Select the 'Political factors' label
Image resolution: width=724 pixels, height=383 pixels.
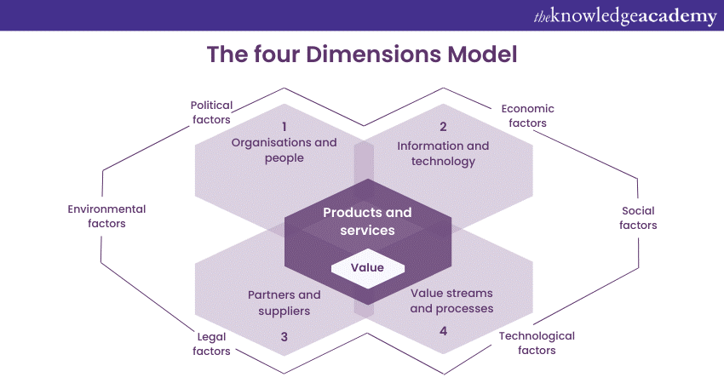(x=210, y=112)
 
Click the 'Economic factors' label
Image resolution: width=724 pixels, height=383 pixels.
(x=527, y=116)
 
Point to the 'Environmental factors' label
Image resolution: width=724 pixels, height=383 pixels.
(x=106, y=216)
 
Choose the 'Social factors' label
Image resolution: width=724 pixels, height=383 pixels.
(x=639, y=218)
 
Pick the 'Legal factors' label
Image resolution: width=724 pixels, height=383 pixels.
(x=210, y=343)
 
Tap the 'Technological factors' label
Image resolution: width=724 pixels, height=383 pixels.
(x=537, y=343)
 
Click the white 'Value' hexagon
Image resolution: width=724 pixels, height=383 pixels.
(x=366, y=267)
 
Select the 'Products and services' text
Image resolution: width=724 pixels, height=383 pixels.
(x=367, y=221)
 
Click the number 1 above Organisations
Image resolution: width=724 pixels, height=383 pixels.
(x=284, y=127)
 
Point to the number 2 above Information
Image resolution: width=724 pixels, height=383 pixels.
(x=443, y=127)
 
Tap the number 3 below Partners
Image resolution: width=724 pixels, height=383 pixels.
(x=284, y=337)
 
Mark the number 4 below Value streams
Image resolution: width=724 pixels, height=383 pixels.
(x=443, y=330)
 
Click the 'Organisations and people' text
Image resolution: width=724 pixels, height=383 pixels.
(x=284, y=150)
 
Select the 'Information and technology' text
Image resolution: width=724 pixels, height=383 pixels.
(x=443, y=153)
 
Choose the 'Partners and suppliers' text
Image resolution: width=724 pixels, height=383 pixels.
(x=284, y=302)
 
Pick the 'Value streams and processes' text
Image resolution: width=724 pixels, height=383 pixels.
(x=451, y=300)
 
